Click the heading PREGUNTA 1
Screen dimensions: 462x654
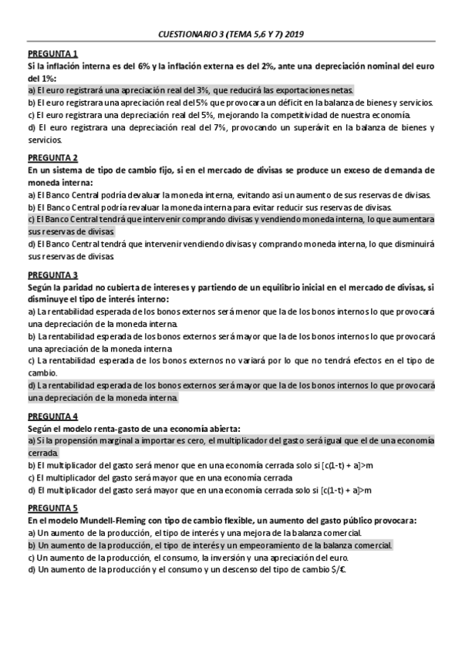pos(52,55)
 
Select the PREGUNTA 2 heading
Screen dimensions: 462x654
pos(52,158)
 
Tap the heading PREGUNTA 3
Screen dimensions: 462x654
pos(52,275)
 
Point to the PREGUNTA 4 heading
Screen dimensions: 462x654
pos(52,416)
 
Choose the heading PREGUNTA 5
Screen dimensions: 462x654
pos(52,508)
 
